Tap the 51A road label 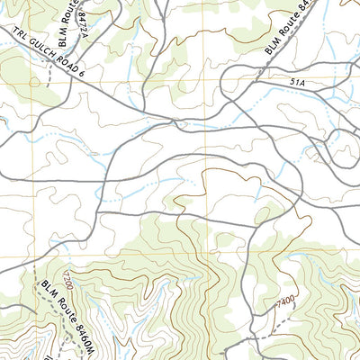pos(298,82)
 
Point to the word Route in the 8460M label pos(62,309)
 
